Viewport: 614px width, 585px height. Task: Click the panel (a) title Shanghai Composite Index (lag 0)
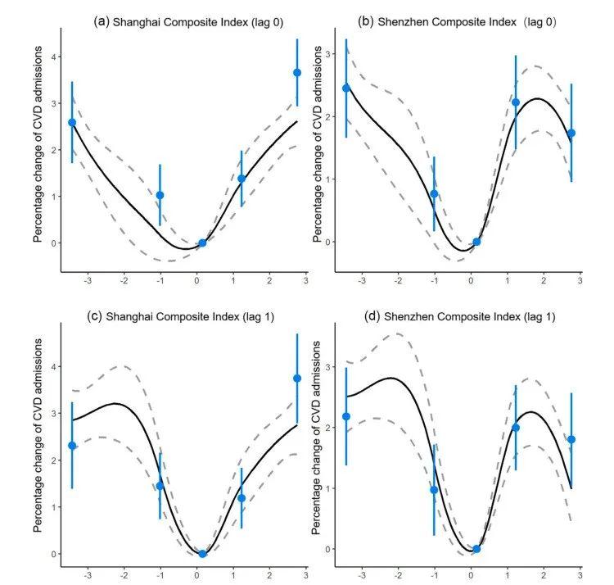[x=188, y=22]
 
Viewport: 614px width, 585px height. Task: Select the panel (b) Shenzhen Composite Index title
[x=457, y=22]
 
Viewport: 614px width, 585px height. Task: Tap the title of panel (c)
[x=181, y=316]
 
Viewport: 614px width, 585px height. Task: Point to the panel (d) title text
[x=460, y=316]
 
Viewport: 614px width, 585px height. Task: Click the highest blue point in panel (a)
[x=297, y=72]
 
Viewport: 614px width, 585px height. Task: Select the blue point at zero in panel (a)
[x=202, y=243]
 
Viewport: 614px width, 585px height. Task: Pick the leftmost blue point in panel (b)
[x=346, y=88]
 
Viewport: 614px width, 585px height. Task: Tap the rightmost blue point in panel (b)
[x=571, y=134]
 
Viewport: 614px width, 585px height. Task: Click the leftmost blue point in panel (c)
[x=72, y=446]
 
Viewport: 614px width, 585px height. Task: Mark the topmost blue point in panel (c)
[x=297, y=378]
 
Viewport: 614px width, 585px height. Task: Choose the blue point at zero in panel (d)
[x=476, y=549]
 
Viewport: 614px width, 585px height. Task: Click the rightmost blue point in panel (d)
[x=571, y=439]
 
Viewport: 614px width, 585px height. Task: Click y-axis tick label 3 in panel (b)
[x=328, y=54]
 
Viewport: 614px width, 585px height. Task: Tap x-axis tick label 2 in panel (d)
[x=544, y=575]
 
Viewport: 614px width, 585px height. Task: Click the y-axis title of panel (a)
[x=38, y=144]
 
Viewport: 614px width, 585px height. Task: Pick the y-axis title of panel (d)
[x=316, y=438]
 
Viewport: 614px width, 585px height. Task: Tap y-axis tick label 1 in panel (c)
[x=54, y=507]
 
